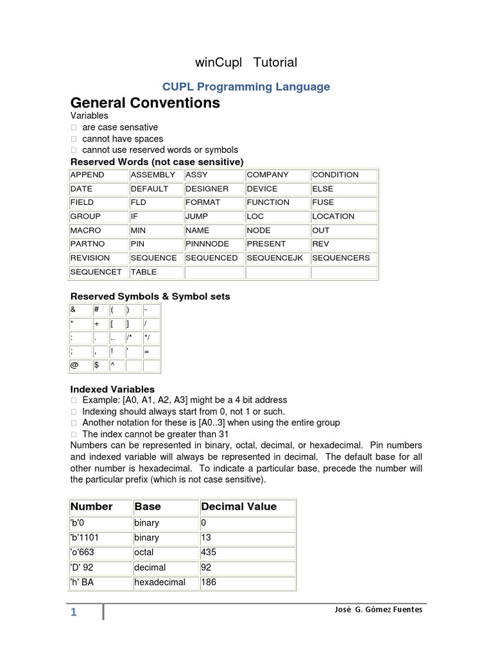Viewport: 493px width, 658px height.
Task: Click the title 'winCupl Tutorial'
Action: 246,62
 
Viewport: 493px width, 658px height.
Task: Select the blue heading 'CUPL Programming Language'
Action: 246,86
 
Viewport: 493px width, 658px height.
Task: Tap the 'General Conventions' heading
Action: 144,103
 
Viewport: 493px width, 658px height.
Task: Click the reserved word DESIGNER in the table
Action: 207,189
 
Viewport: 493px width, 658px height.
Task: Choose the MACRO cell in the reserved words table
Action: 85,230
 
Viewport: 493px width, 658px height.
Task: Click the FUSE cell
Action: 323,202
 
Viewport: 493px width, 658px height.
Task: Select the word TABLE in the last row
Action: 143,272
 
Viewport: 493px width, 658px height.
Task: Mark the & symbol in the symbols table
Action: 73,310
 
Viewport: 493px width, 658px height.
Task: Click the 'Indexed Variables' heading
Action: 112,389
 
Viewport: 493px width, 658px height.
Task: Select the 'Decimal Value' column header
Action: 239,506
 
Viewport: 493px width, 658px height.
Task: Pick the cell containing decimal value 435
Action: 209,552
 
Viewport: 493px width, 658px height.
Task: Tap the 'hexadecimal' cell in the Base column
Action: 159,582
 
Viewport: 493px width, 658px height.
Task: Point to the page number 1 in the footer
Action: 74,612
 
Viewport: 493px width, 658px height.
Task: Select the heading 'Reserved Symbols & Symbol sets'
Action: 150,296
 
